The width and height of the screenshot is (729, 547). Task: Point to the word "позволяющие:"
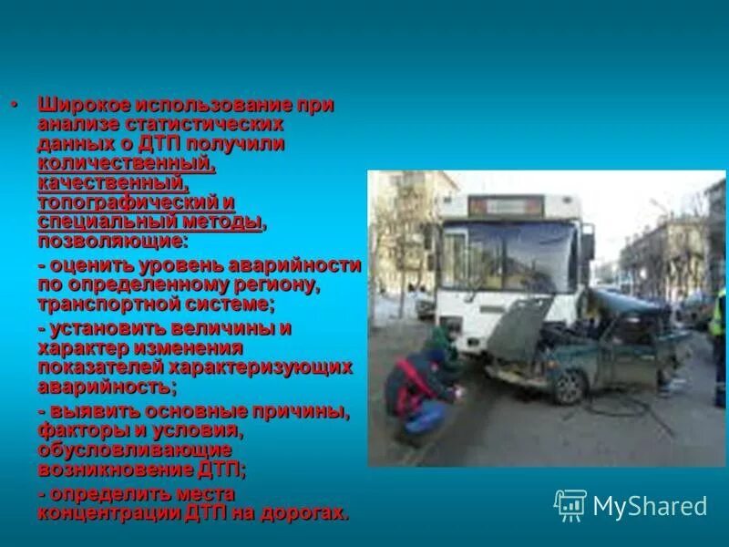[x=112, y=242]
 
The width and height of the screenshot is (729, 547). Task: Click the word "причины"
[x=302, y=411]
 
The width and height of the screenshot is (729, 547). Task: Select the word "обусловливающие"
[x=134, y=450]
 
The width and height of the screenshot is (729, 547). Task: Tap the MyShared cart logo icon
[x=570, y=505]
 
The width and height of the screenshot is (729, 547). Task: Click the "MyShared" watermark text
[x=650, y=506]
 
